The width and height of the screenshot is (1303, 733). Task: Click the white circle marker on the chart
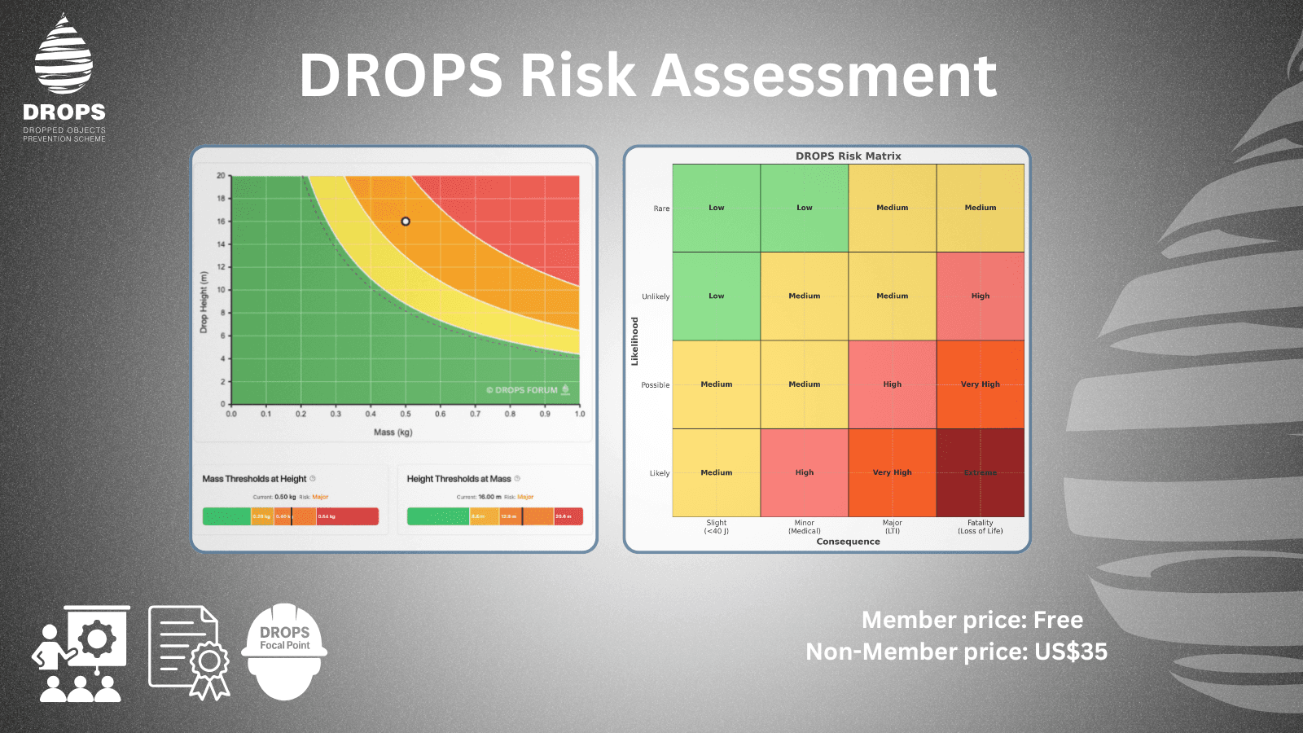pyautogui.click(x=406, y=222)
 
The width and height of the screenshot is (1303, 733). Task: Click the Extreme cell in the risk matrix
pyautogui.click(x=981, y=472)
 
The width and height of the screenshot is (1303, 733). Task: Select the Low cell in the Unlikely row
pyautogui.click(x=716, y=296)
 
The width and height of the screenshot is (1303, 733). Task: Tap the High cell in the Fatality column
pyautogui.click(x=981, y=296)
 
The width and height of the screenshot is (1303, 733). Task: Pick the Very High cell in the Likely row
pyautogui.click(x=893, y=472)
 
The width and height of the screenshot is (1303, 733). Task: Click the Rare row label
pyautogui.click(x=661, y=208)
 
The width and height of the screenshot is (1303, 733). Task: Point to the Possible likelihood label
pyautogui.click(x=655, y=385)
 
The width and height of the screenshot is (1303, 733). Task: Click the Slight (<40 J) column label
pyautogui.click(x=717, y=527)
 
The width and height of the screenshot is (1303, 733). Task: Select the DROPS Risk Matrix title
pyautogui.click(x=848, y=156)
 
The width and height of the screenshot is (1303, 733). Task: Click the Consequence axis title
pyautogui.click(x=848, y=542)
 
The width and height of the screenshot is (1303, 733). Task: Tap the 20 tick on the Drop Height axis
pyautogui.click(x=221, y=176)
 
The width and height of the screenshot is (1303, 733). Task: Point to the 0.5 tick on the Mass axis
pyautogui.click(x=406, y=414)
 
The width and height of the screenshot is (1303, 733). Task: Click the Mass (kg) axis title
pyautogui.click(x=393, y=432)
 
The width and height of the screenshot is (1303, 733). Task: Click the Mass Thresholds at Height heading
pyautogui.click(x=254, y=479)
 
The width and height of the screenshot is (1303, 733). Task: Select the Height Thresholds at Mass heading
pyautogui.click(x=458, y=479)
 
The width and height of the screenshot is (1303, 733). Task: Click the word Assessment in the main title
pyautogui.click(x=824, y=76)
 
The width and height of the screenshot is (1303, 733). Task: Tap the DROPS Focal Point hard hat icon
pyautogui.click(x=284, y=652)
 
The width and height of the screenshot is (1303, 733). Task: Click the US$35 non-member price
pyautogui.click(x=1071, y=652)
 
